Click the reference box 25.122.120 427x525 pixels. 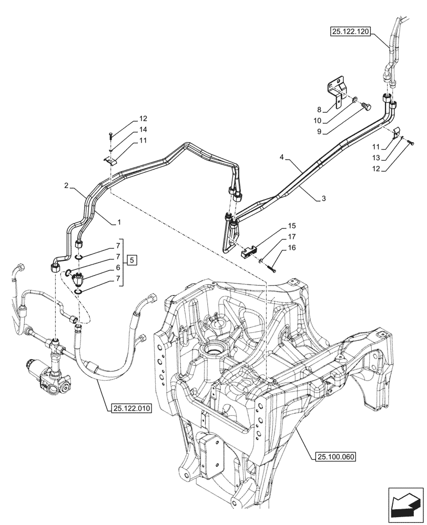coord(351,32)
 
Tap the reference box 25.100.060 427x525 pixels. coord(337,456)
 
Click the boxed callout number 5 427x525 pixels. coord(131,259)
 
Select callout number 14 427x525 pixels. coord(129,129)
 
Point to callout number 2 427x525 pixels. coord(66,186)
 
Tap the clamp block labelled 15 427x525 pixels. coord(249,252)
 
